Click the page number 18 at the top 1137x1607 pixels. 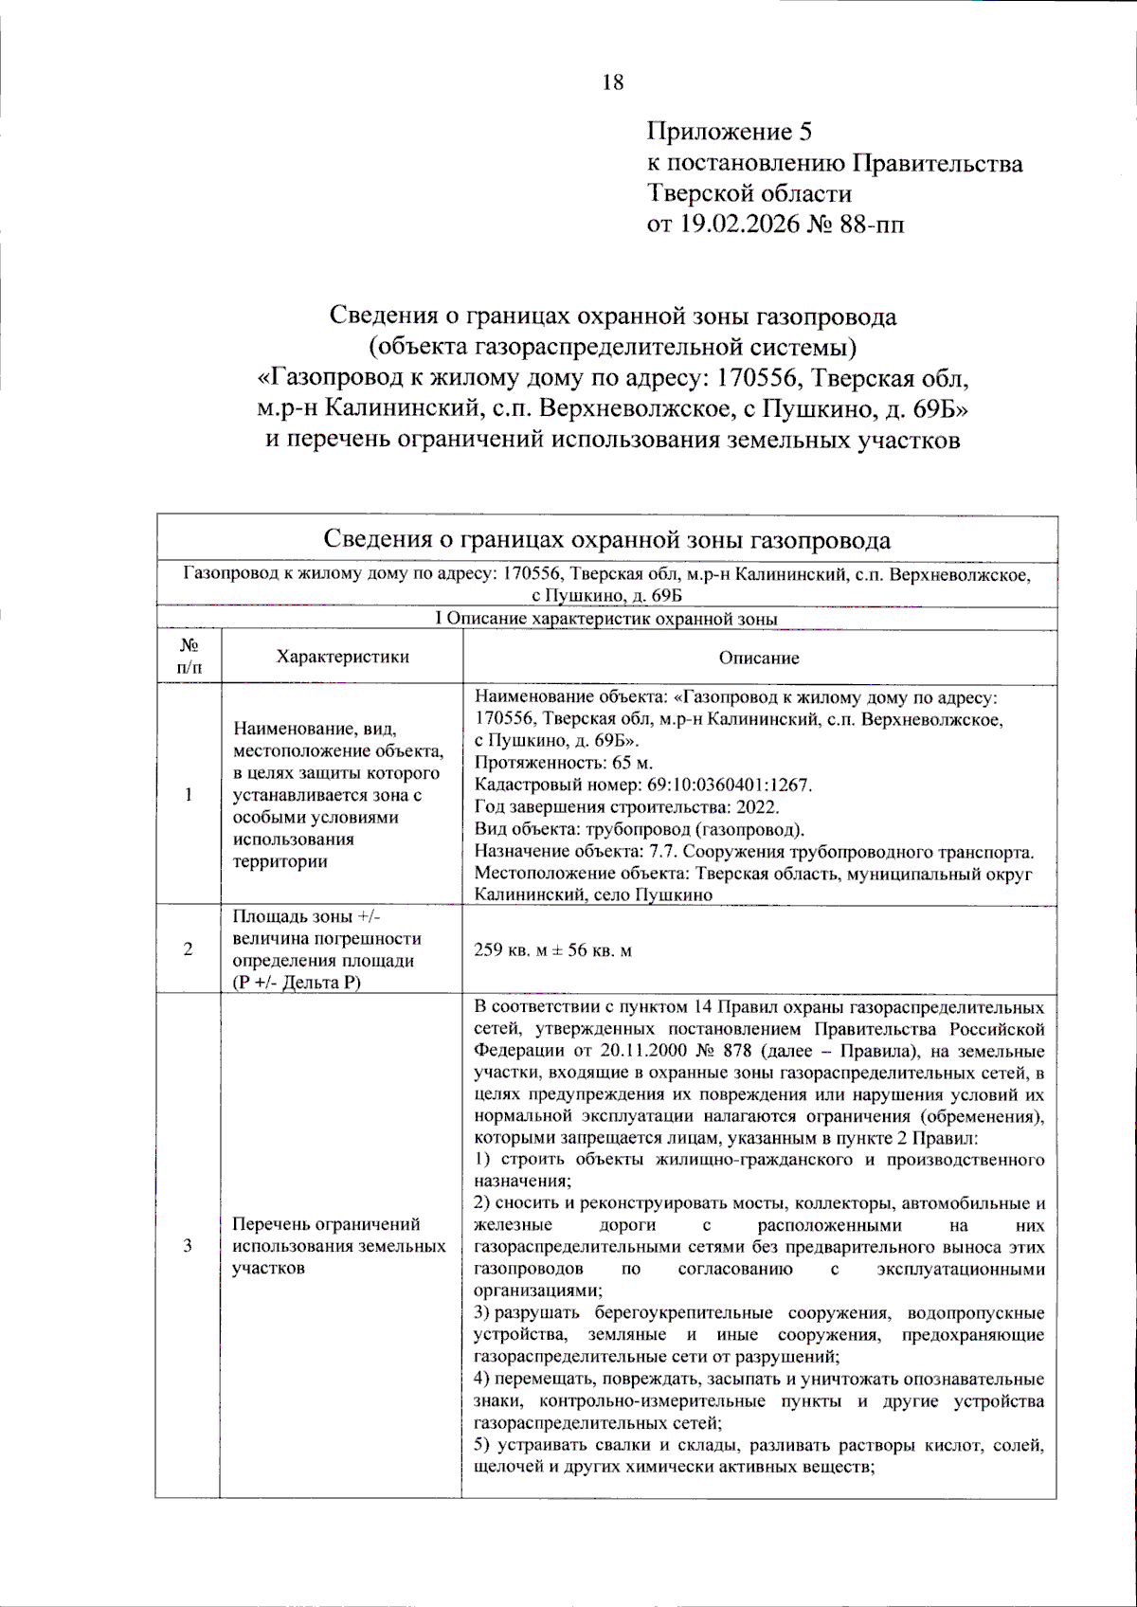pos(613,82)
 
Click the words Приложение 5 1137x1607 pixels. pos(729,132)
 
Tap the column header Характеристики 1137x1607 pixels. pos(342,657)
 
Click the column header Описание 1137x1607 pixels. pos(759,658)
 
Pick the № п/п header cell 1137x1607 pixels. pos(189,656)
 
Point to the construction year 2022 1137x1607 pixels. pos(758,807)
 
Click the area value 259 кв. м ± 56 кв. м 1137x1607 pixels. pos(552,950)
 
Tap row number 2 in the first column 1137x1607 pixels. pos(188,949)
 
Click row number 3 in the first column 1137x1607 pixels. pos(188,1245)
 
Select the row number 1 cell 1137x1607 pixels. pos(188,794)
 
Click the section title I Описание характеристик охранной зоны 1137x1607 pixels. pos(606,619)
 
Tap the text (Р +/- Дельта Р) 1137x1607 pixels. pos(297,983)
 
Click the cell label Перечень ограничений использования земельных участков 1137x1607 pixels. pos(338,1246)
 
